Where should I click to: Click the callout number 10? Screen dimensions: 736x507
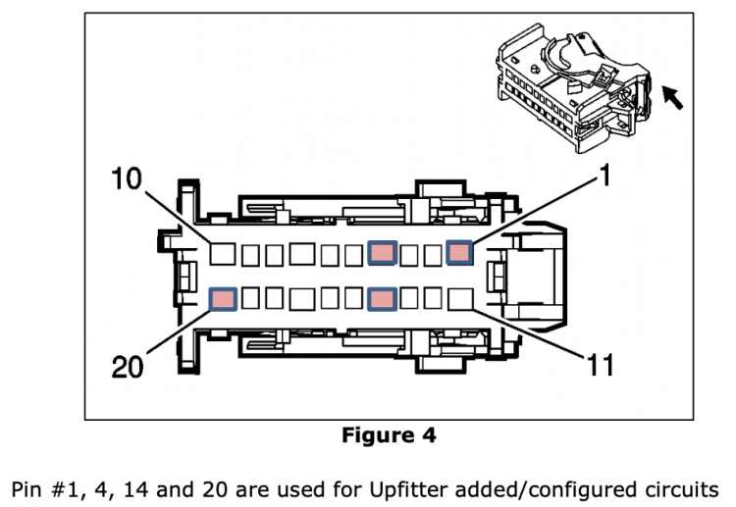127,178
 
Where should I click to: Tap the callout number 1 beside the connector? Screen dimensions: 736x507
605,175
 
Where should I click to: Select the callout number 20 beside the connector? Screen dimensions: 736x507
128,367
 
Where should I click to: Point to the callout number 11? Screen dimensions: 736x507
601,365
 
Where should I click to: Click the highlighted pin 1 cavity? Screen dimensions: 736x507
459,252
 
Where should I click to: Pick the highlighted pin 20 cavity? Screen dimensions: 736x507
223,299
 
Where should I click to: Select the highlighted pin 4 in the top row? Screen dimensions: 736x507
382,253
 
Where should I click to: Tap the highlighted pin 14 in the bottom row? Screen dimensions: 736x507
382,299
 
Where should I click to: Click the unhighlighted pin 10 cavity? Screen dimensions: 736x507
223,254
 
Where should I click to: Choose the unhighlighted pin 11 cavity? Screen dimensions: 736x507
460,299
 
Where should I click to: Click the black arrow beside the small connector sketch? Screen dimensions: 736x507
672,97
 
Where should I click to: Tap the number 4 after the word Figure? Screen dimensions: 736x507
429,434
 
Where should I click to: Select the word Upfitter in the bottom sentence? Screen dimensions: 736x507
408,489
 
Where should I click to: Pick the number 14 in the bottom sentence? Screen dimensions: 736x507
135,489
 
